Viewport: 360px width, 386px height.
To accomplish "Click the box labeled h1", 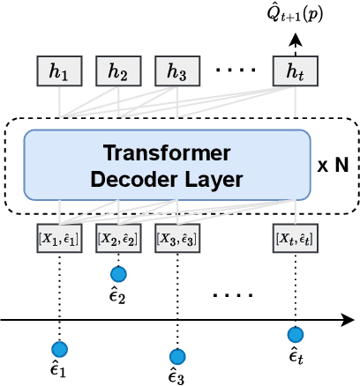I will pos(59,72).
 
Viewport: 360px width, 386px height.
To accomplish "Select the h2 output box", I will pos(118,72).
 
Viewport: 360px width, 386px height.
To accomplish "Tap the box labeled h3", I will pos(177,72).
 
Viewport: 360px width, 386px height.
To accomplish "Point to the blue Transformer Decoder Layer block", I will pos(168,165).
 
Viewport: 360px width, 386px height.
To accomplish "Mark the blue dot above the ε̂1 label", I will pos(59,348).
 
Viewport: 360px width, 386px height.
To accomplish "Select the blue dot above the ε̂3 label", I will pos(177,356).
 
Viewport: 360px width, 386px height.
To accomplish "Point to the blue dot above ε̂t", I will pos(296,334).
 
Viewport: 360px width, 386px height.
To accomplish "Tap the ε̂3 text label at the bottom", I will pos(177,377).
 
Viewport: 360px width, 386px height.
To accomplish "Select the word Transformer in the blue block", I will pos(168,151).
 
